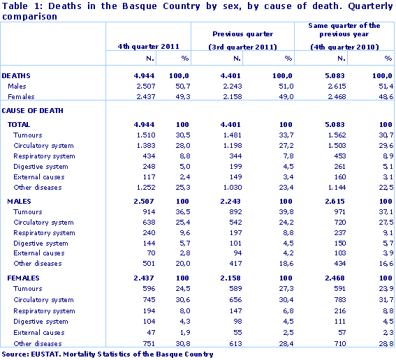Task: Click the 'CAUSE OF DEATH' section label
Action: click(x=33, y=110)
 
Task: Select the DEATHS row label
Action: click(x=17, y=75)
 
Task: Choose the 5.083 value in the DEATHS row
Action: click(x=333, y=75)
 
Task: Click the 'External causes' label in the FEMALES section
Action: click(x=39, y=332)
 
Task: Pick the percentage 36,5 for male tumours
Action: click(x=181, y=212)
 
